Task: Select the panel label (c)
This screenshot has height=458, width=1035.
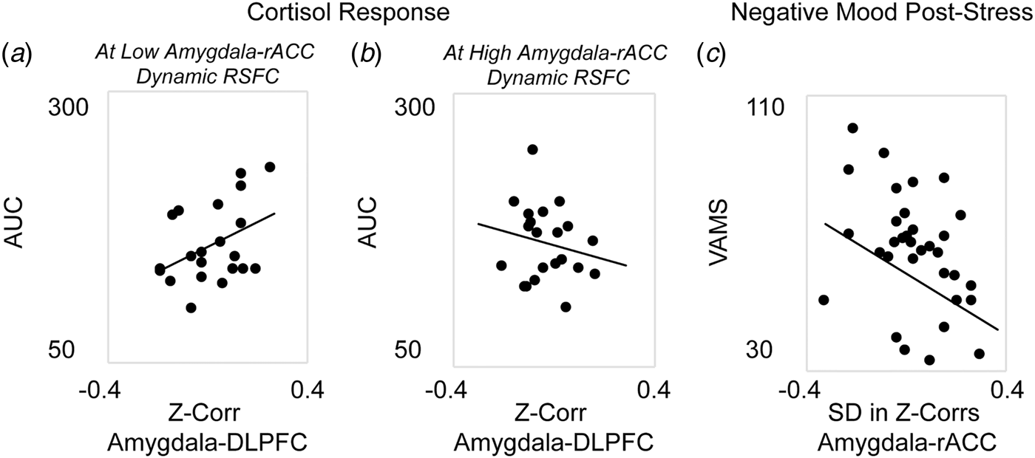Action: point(710,55)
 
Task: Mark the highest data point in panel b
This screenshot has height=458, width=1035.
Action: point(532,149)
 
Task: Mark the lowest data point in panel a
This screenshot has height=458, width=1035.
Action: point(191,307)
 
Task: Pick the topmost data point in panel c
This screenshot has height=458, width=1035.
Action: point(852,128)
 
